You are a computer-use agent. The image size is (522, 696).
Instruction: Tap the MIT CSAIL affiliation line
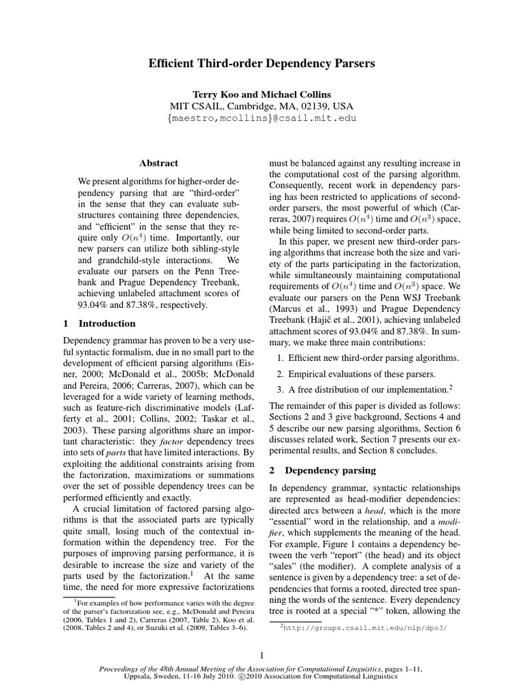262,106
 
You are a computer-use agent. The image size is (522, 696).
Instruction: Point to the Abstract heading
158,163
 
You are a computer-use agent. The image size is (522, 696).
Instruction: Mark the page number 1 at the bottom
261,655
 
